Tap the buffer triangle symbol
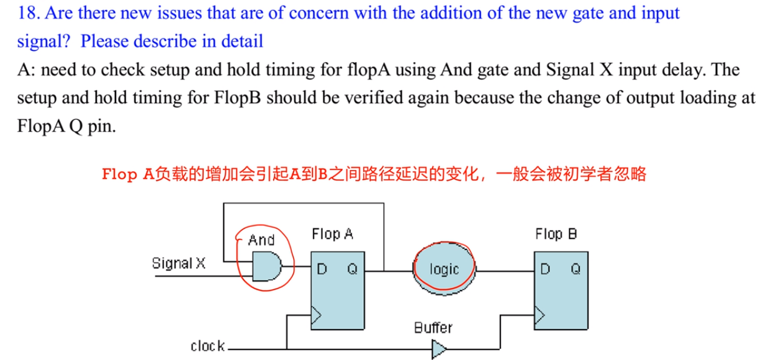point(438,351)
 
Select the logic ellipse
point(444,269)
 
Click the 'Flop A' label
point(332,234)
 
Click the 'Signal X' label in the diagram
point(179,263)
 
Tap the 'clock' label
point(207,346)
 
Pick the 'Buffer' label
point(433,327)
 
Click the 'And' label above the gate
point(261,240)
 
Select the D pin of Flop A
point(322,269)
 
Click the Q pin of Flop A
point(352,269)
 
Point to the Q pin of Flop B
point(576,269)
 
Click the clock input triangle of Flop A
point(317,316)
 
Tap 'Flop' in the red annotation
point(120,174)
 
